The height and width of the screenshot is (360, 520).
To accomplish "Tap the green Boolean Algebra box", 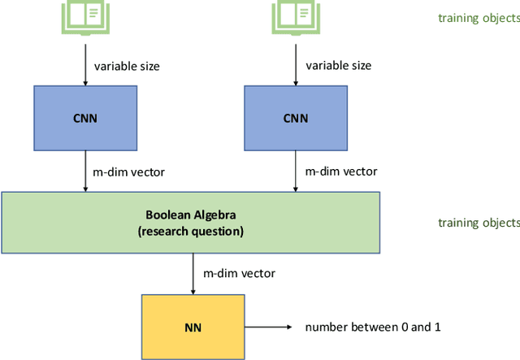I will tap(191, 222).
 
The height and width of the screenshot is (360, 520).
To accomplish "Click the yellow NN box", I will tap(193, 327).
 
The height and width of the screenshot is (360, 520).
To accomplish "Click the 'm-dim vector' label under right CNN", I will tap(340, 171).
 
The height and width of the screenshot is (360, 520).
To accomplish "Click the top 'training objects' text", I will tap(478, 17).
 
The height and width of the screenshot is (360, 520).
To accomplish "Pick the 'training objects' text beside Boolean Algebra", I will tap(478, 223).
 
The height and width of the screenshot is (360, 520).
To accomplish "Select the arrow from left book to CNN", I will tap(84, 63).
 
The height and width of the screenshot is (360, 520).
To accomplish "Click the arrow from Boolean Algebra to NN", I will tap(193, 274).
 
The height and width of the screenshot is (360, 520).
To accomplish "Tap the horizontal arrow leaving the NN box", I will tap(268, 327).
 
